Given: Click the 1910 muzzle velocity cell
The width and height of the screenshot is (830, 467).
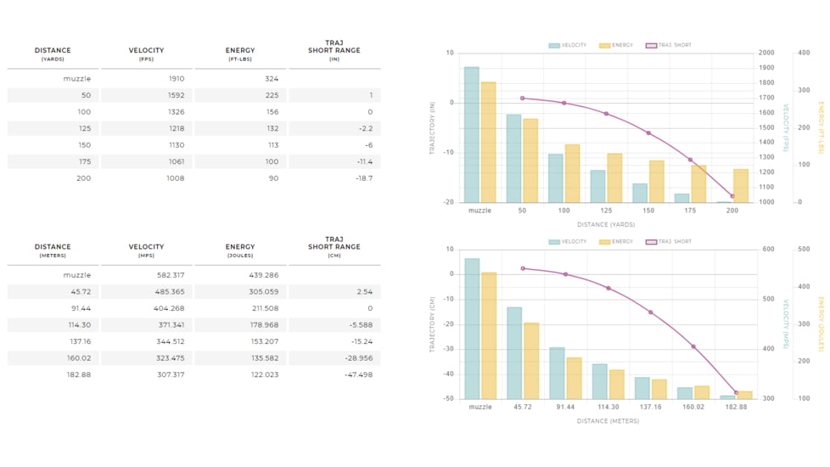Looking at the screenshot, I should [176, 79].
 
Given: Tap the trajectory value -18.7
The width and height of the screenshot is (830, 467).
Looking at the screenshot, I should [362, 178].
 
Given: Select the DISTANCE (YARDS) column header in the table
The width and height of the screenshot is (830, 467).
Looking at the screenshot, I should [53, 53].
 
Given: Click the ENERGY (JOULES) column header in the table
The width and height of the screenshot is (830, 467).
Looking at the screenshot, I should [240, 250].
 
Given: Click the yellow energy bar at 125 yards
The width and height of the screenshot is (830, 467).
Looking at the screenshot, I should [614, 177].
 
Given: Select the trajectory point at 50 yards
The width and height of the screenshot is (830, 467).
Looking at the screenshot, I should [522, 98].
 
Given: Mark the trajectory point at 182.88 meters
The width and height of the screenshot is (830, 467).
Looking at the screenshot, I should [735, 392].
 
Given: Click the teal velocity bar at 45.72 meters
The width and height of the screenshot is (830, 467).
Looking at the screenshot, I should [514, 352].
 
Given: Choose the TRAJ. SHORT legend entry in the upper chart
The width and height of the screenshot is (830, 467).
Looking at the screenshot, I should [669, 45].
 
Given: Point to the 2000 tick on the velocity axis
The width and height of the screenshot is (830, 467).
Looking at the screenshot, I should [766, 53].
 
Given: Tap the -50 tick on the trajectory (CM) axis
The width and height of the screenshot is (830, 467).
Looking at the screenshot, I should [448, 398].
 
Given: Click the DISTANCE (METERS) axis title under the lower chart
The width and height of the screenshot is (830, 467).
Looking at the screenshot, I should [608, 420].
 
